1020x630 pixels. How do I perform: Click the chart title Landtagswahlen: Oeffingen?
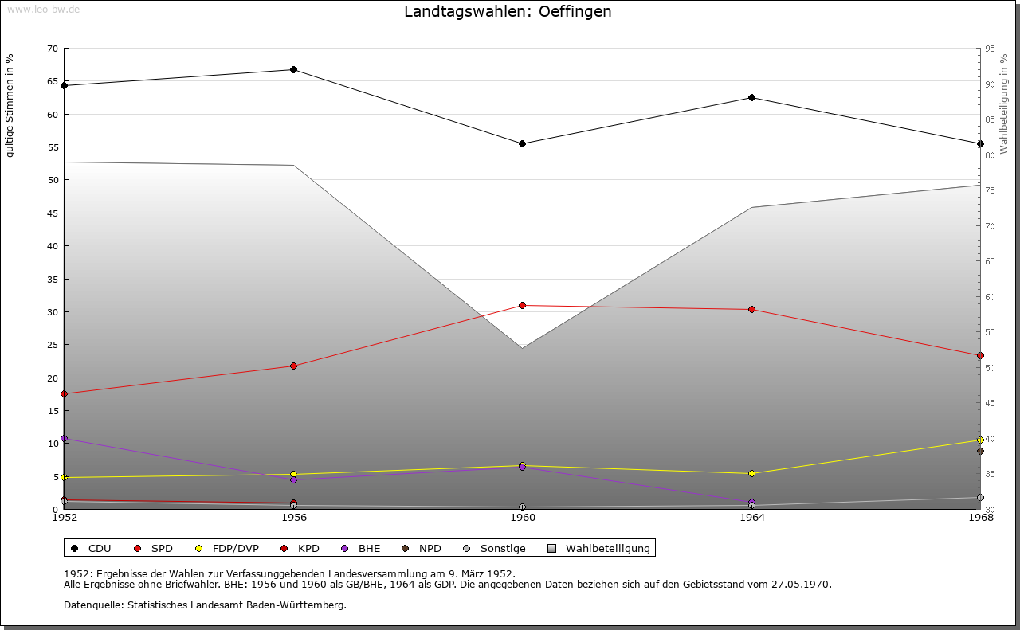pos(508,12)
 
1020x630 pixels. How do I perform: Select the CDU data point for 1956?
pos(293,70)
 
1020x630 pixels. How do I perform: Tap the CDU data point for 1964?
pos(751,98)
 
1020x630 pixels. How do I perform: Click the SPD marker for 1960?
pos(523,306)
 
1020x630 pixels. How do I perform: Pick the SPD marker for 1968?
pos(980,356)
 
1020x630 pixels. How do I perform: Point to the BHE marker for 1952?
pos(65,439)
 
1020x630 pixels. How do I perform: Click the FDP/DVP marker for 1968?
pos(980,440)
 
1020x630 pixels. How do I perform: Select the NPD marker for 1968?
pos(980,452)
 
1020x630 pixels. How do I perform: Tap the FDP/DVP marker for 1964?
pos(751,474)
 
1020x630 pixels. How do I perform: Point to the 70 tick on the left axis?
pos(53,49)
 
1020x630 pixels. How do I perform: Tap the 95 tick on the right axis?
pos(991,49)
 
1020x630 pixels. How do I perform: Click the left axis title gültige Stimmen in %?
pos(10,106)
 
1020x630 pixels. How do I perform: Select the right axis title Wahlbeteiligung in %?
pos(1004,103)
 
